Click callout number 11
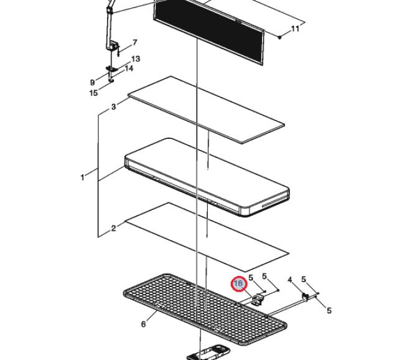point(295,29)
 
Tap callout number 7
point(135,42)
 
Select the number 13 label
point(136,59)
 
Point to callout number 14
point(129,69)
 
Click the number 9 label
point(92,82)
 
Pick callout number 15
point(93,93)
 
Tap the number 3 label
point(113,107)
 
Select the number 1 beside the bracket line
point(82,177)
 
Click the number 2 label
point(113,228)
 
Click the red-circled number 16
point(239,283)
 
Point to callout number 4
point(290,280)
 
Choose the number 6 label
point(143,324)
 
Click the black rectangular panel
point(209,31)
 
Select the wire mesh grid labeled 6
point(205,309)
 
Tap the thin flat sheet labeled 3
point(206,110)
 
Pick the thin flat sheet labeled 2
point(207,237)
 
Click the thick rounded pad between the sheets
point(207,177)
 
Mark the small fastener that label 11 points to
point(279,37)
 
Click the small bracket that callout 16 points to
point(258,299)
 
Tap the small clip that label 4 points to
point(305,296)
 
